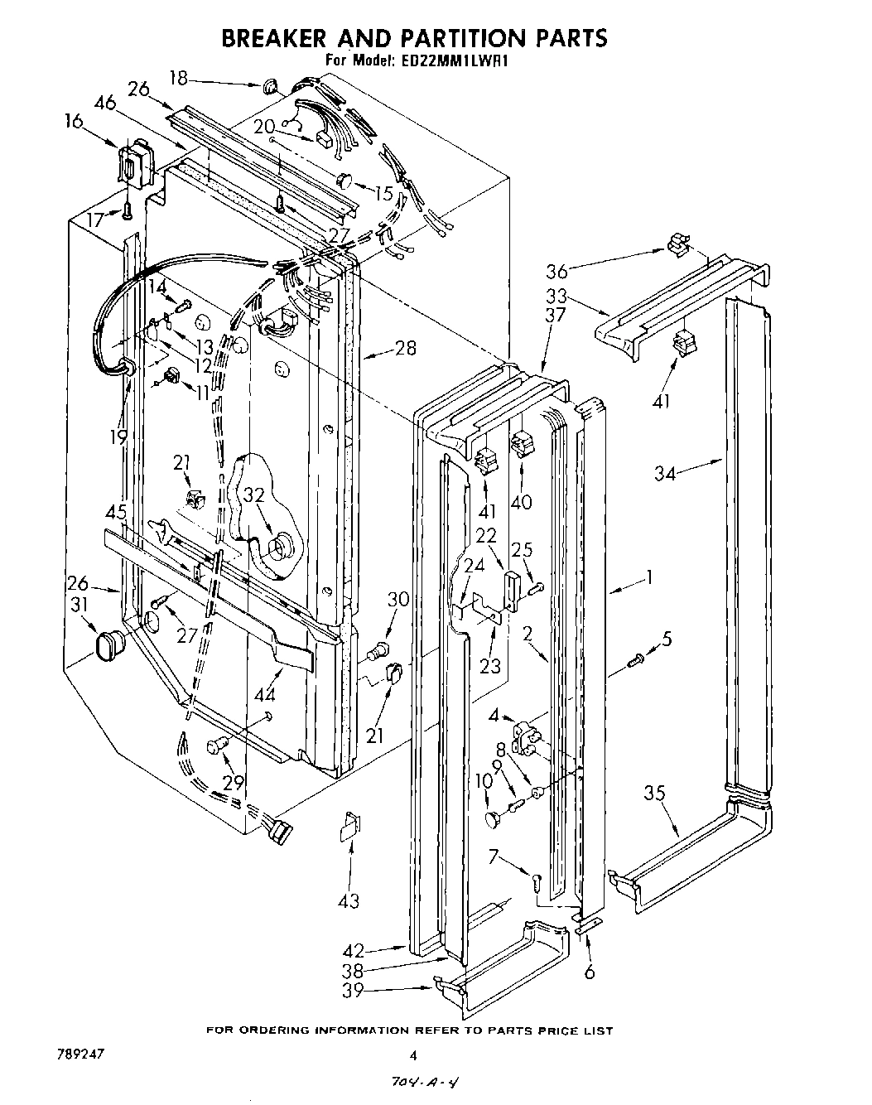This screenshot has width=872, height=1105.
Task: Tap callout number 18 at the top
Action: tap(178, 79)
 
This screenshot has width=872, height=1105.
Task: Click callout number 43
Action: tap(349, 900)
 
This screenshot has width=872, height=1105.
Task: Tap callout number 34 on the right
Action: tap(665, 473)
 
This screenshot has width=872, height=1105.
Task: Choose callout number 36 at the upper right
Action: tap(557, 270)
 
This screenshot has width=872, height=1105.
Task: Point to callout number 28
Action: tap(405, 348)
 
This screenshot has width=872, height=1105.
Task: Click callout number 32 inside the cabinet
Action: tap(253, 495)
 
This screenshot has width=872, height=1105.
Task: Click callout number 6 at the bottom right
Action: tap(589, 971)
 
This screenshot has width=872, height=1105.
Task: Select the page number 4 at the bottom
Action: tap(412, 1054)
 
